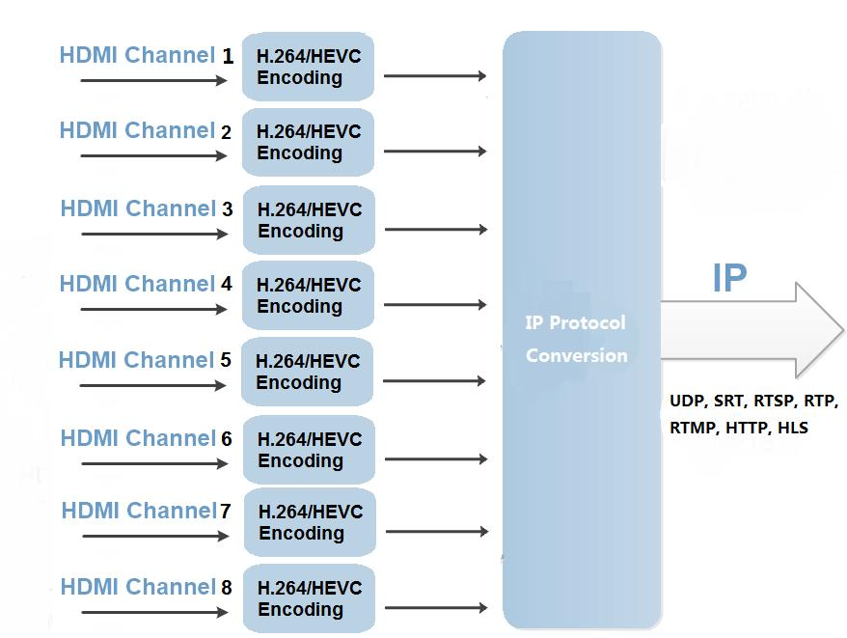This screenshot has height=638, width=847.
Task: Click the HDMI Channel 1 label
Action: [146, 55]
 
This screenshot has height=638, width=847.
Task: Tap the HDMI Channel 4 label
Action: [146, 284]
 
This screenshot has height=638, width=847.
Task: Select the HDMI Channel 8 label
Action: [146, 587]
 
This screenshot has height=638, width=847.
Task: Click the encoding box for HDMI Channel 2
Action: [308, 142]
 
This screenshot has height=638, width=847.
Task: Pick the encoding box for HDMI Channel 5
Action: [307, 372]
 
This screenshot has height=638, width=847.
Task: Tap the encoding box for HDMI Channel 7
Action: [310, 522]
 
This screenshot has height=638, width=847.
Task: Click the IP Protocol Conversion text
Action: [576, 339]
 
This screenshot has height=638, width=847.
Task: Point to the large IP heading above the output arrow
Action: [729, 278]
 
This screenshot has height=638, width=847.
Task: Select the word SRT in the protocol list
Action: [729, 401]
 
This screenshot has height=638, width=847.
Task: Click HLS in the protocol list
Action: [792, 428]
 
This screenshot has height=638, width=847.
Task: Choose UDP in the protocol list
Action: [687, 401]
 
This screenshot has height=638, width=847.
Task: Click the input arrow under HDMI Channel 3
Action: [154, 234]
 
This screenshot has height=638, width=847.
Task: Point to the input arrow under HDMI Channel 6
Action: [154, 463]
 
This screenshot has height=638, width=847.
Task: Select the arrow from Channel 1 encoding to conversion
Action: [434, 75]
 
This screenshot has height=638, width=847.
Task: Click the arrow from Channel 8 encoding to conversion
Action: [435, 608]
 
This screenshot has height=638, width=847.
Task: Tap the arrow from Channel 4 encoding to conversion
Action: [435, 305]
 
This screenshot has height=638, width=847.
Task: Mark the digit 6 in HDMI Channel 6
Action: [227, 439]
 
